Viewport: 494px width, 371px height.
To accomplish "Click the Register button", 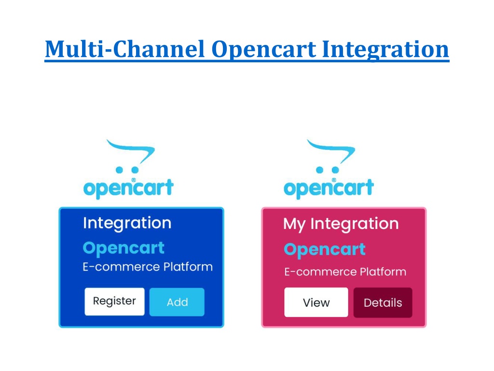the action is (x=114, y=301).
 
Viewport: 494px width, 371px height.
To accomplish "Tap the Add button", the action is (x=177, y=302).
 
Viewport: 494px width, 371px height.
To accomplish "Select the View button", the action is (x=316, y=302).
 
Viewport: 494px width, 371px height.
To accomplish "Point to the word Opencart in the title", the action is (x=264, y=50).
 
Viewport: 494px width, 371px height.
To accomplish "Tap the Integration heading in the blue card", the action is (x=127, y=223).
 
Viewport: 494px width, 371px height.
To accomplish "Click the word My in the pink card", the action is (x=294, y=225).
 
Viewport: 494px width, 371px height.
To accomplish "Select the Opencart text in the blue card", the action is (x=123, y=249).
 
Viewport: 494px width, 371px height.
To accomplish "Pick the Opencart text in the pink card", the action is (x=325, y=250).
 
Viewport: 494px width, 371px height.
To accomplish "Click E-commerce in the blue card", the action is (x=121, y=267).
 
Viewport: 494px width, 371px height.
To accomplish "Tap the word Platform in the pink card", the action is (x=383, y=271).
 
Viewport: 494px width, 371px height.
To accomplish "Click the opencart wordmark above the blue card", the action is (x=128, y=188).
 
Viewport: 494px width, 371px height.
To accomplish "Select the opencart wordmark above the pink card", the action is (x=329, y=188).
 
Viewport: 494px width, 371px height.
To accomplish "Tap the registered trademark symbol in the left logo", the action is (x=133, y=180).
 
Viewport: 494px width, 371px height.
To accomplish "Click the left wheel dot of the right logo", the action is (x=319, y=170).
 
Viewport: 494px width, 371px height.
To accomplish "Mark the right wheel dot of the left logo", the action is (x=135, y=170).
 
